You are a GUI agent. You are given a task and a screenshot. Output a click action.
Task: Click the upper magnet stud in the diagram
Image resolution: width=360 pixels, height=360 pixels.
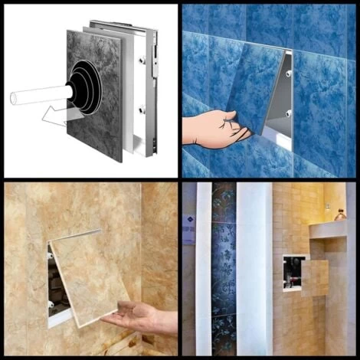coord(142,60)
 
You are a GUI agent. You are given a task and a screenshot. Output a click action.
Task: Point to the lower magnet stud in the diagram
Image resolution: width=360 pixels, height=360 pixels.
coord(142,110)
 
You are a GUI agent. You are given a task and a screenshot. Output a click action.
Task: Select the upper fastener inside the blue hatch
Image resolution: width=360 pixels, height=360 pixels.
coord(288,74)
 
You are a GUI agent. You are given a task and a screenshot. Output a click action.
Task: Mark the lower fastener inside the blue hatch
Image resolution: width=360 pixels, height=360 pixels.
coord(287,113)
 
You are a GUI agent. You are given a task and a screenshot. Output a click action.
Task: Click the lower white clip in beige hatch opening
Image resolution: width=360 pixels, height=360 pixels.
coord(51,304)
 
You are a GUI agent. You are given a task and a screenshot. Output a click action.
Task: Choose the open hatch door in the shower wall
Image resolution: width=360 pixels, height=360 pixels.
coord(315,277)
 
